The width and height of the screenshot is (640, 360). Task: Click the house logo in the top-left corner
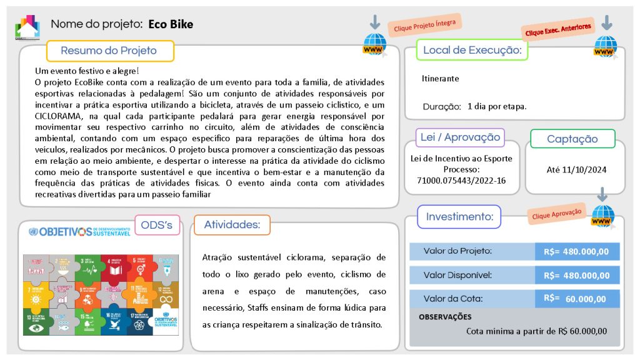27,27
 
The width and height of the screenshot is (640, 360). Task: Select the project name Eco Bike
171,24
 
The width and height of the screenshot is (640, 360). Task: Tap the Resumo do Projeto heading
109,51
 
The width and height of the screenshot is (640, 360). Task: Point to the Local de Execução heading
472,50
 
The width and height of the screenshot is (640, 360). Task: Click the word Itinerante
440,79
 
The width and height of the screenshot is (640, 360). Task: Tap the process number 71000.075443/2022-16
461,180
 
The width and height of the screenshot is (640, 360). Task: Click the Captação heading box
572,139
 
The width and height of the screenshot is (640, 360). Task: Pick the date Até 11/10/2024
576,169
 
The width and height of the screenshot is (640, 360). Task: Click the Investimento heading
459,217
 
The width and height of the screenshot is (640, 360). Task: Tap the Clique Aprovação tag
557,214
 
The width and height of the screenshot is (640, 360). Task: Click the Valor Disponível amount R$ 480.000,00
577,275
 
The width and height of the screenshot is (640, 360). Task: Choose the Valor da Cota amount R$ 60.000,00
577,299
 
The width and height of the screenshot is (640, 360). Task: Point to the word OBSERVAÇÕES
445,317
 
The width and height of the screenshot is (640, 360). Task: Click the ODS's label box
157,225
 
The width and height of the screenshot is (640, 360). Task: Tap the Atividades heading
232,225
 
